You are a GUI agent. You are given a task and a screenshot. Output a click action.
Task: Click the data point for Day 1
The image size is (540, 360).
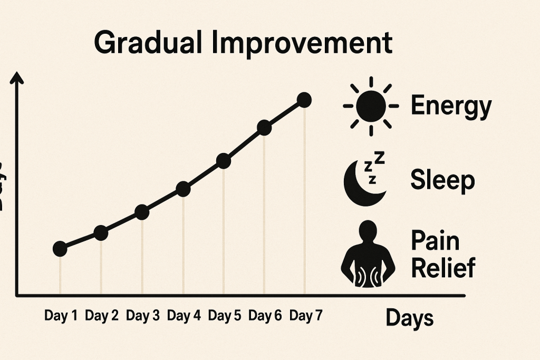60,249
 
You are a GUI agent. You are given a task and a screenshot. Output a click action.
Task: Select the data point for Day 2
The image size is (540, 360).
101,232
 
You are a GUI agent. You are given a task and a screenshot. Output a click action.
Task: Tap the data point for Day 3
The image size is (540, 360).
142,212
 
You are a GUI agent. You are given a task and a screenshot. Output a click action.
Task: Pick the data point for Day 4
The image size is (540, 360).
183,189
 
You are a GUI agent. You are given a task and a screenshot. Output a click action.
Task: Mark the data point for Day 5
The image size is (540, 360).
224,161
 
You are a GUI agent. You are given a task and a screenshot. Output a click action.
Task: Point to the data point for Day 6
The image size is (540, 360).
264,128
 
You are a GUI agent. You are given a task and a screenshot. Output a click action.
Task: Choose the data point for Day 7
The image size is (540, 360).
304,100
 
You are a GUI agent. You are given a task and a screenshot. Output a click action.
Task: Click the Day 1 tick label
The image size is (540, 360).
61,316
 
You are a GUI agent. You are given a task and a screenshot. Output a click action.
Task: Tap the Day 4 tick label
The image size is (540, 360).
184,316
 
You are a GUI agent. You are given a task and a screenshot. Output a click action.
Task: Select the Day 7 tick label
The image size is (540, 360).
306,316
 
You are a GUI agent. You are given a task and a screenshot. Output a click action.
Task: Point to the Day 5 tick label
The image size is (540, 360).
225,316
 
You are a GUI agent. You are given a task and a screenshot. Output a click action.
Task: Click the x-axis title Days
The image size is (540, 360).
410,318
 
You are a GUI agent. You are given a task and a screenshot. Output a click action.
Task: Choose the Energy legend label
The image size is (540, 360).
451,106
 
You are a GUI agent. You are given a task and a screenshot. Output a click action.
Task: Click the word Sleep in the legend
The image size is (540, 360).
442,180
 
